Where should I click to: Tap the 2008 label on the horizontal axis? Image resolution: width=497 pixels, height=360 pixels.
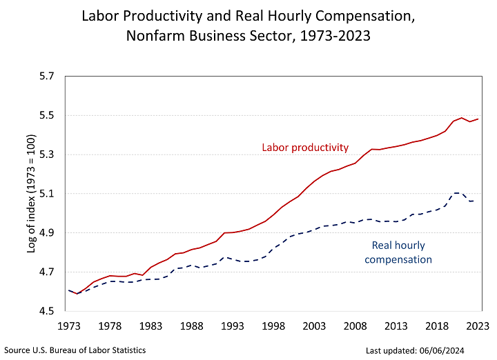[x=355, y=326]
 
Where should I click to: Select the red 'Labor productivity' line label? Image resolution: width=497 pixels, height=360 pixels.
[x=305, y=148]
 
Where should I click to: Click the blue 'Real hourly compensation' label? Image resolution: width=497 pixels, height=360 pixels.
[x=398, y=252]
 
